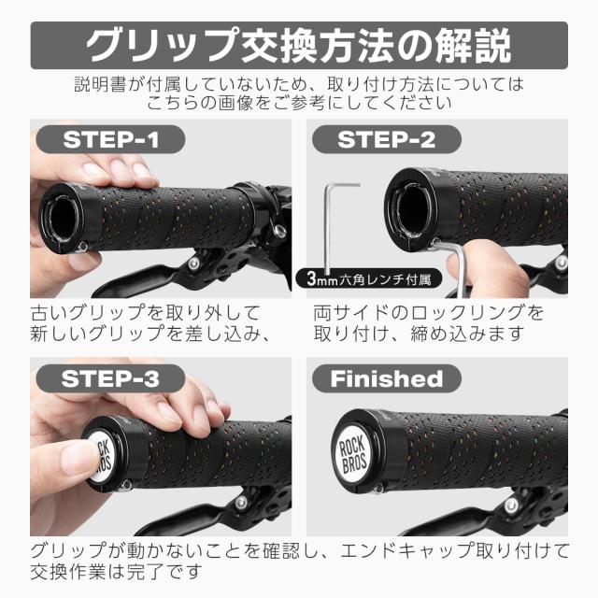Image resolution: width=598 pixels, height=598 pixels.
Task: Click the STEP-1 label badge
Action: coord(111,140)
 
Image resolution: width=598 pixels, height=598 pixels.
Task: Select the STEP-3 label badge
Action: coord(111,378)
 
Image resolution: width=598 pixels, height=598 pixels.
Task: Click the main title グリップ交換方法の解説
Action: coord(298,44)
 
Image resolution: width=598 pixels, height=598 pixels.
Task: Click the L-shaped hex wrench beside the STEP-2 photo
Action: coord(333,224)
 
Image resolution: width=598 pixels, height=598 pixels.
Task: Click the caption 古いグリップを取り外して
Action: coord(145,311)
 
